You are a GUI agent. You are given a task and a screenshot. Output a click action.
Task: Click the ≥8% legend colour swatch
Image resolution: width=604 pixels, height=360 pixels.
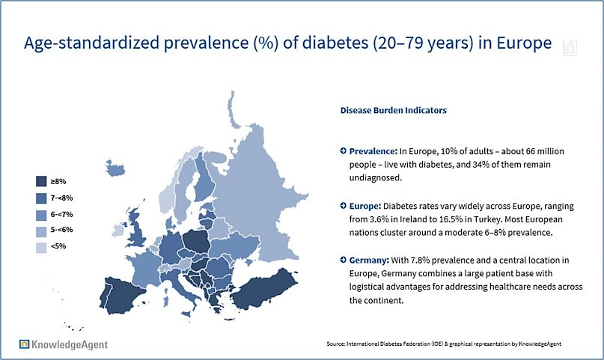pos(41,181)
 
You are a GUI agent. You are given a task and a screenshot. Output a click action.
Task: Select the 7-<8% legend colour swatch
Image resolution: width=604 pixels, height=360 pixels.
pos(41,198)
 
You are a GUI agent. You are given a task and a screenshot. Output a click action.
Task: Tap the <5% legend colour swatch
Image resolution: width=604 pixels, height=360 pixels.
pos(41,248)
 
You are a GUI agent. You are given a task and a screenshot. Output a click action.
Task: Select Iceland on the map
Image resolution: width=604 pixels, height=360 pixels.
pos(115,168)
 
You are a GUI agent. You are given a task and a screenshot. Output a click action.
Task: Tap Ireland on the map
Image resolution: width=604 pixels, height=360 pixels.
pos(119,231)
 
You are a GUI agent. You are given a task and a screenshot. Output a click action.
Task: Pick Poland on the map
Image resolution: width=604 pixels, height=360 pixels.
pos(196,242)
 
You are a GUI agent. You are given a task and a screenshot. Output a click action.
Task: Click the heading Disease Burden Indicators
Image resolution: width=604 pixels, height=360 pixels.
pos(393,111)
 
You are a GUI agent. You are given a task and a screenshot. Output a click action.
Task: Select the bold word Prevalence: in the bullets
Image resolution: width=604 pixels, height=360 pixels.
pos(373,151)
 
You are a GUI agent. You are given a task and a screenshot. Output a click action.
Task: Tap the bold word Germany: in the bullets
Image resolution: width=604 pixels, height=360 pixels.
pos(369,260)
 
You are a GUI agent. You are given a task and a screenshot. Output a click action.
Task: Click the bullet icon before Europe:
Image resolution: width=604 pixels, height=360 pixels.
pos(344,206)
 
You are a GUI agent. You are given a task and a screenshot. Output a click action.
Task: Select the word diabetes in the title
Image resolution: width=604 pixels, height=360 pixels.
pos(335,43)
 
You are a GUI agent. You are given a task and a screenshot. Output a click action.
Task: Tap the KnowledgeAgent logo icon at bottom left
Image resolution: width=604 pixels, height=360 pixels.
pos(24,344)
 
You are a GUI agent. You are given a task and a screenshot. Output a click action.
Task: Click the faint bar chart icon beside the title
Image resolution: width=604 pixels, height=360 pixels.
pos(570,48)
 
